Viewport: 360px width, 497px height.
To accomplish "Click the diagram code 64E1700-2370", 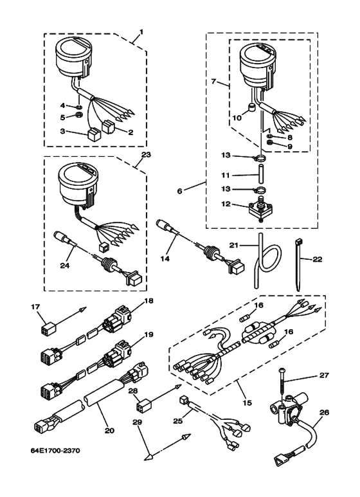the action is coord(55,451).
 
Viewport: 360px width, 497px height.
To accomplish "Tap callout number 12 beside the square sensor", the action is coord(225,204).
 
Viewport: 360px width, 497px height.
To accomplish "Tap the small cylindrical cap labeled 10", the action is coord(251,109).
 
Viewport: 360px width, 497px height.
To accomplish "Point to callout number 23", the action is coord(147,155).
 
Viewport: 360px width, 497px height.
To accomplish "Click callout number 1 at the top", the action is coord(141,32).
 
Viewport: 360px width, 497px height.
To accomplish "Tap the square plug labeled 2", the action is coord(108,127).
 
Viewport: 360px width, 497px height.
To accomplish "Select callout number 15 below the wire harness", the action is coord(248,403).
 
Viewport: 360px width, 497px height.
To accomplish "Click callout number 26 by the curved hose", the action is coord(324,412).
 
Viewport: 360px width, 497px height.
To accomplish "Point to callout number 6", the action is coord(180,192).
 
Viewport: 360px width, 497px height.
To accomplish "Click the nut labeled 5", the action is coord(80,114).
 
